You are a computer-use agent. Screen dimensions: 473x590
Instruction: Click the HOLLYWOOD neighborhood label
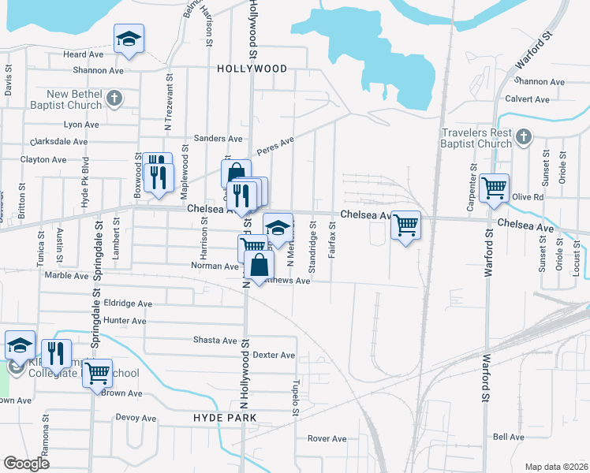point(252,69)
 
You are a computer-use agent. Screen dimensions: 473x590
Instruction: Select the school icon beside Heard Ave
point(129,39)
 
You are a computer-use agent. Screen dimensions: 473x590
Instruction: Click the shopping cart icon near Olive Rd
point(494,188)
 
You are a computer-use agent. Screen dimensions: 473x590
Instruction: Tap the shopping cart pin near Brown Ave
point(97,372)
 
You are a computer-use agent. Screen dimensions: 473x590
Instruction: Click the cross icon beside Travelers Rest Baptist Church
point(523,139)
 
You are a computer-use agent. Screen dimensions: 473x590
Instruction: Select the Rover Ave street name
point(327,438)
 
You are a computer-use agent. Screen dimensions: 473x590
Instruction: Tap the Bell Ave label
point(508,437)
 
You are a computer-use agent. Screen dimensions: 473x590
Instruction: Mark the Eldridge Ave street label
point(128,303)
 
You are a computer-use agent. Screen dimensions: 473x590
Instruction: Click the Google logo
point(26,463)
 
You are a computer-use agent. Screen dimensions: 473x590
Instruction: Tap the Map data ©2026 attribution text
point(556,467)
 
